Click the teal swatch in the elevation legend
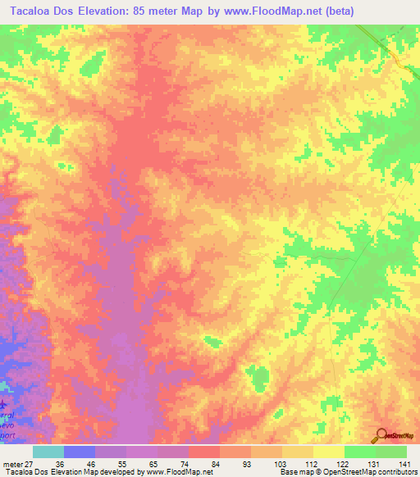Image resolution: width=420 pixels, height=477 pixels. [48, 452]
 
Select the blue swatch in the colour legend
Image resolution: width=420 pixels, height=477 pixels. [79, 452]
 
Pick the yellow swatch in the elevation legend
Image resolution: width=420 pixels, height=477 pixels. [328, 452]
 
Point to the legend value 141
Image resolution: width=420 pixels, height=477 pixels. [402, 463]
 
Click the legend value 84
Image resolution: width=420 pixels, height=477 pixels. [214, 463]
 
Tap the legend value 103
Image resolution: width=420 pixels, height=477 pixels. [277, 463]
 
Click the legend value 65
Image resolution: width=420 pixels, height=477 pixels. [153, 463]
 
